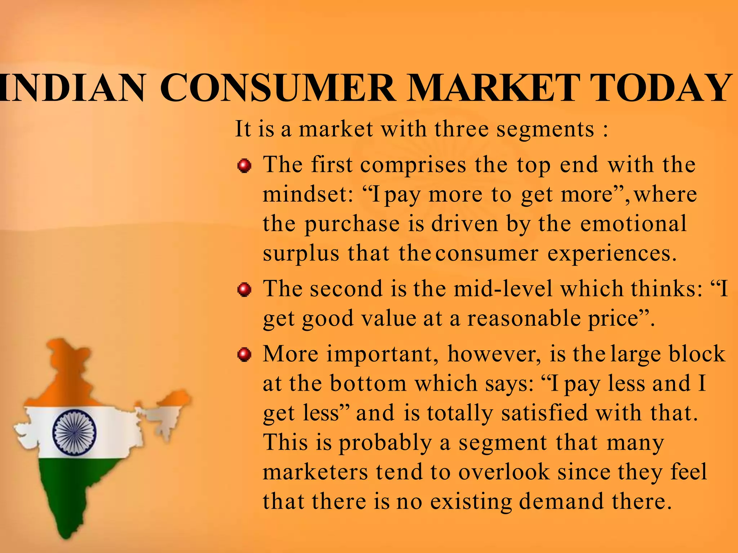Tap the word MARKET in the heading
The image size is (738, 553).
tap(493, 88)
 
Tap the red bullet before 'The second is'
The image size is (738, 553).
tap(244, 290)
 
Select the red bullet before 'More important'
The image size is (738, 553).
tap(244, 355)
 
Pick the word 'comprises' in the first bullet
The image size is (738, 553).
tap(413, 166)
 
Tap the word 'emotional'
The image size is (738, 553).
tap(633, 224)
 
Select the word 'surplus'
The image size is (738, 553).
tap(301, 254)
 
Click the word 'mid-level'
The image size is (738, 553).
tap(503, 289)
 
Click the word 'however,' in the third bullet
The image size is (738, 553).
tap(494, 354)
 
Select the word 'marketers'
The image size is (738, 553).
tap(316, 472)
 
